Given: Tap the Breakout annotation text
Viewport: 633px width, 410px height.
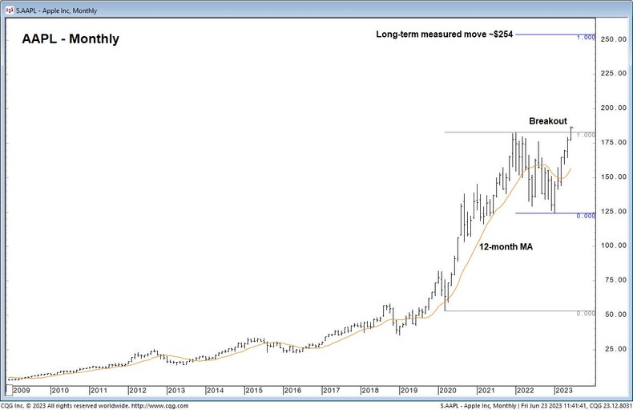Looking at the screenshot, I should point(548,121).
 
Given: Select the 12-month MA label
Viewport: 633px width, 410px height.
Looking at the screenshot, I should point(506,247).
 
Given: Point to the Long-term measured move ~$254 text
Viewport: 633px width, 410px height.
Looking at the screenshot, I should point(444,35).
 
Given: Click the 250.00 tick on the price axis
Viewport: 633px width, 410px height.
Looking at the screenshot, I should point(614,39).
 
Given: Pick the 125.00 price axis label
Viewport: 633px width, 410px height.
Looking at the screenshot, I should point(614,211).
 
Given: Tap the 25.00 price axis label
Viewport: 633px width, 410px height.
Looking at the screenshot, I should point(614,349).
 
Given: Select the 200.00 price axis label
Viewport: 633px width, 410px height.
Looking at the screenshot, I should point(614,108).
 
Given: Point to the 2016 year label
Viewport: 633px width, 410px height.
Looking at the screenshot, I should point(292,390).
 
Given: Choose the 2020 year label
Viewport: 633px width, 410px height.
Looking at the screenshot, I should point(448,390).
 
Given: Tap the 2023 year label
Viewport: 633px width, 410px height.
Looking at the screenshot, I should point(564,390).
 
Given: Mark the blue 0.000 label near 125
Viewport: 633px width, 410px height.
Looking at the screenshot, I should point(586,216).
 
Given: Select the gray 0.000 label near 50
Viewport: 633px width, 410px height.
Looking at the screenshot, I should point(586,314).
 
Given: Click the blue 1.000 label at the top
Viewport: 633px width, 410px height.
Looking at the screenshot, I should point(586,38).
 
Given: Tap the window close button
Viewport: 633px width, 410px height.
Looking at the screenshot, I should point(619,6).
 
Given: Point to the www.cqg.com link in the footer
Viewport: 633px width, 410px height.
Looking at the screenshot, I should point(167,405).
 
